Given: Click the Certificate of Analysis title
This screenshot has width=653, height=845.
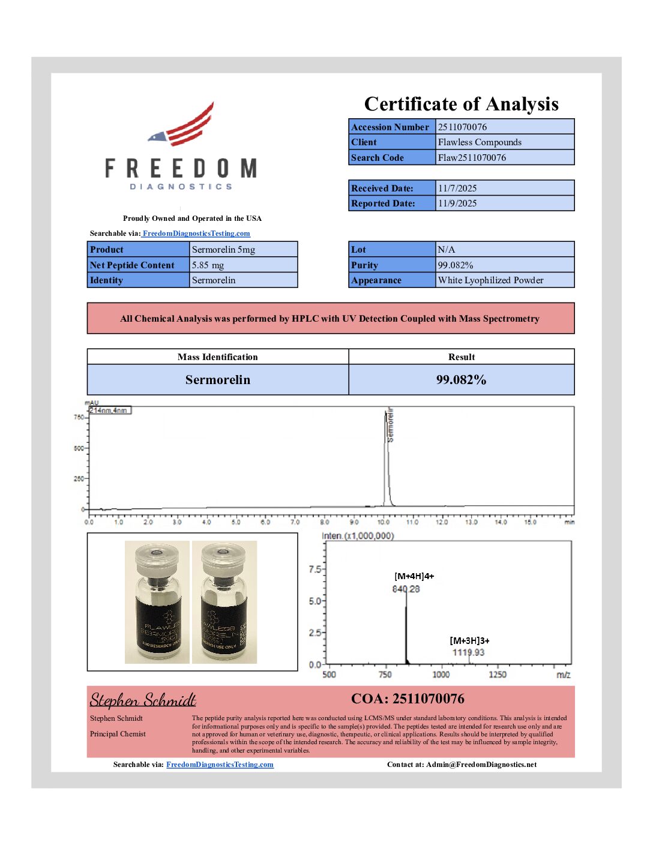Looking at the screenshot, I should (x=461, y=104).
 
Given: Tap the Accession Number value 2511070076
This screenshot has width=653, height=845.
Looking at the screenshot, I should (x=462, y=127).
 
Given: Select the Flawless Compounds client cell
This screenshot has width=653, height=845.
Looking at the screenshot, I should (x=480, y=142).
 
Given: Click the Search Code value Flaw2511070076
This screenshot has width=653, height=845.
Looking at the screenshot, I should (x=472, y=158).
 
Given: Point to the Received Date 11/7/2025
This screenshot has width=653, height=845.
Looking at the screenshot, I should (x=457, y=188).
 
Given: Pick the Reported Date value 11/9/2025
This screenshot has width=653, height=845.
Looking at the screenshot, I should (x=457, y=203).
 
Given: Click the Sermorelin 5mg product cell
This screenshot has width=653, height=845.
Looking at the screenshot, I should (x=223, y=250).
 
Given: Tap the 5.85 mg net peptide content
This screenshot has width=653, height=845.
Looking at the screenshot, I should (x=208, y=265).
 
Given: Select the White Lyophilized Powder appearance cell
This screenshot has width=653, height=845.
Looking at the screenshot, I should (x=490, y=280).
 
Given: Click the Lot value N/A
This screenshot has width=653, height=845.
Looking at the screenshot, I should (x=447, y=250).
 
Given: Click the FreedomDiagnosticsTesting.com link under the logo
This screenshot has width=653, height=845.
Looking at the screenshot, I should (x=196, y=233).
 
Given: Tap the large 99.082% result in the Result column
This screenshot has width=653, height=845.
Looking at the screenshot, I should (x=461, y=380).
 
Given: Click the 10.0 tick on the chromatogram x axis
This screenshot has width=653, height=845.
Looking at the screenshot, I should (x=383, y=522).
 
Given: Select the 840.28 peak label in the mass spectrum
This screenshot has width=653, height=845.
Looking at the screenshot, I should (x=406, y=589).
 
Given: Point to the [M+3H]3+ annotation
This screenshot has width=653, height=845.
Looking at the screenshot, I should (x=469, y=641).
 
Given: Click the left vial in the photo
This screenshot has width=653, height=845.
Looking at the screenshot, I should (x=157, y=603).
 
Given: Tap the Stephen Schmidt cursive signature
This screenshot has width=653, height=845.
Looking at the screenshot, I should (x=143, y=700).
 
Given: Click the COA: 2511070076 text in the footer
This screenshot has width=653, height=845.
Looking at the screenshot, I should (x=408, y=699).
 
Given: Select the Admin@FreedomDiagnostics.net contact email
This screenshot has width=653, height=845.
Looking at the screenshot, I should (x=481, y=765).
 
